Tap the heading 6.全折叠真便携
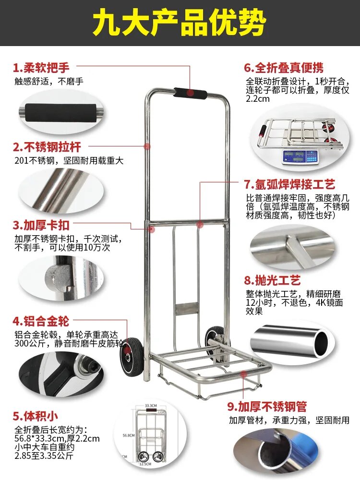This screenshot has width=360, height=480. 284,67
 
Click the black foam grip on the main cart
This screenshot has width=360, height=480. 191,93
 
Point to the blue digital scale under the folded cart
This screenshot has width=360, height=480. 300,156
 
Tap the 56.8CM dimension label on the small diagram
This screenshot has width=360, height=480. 127,435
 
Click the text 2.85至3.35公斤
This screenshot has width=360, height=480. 44,456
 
